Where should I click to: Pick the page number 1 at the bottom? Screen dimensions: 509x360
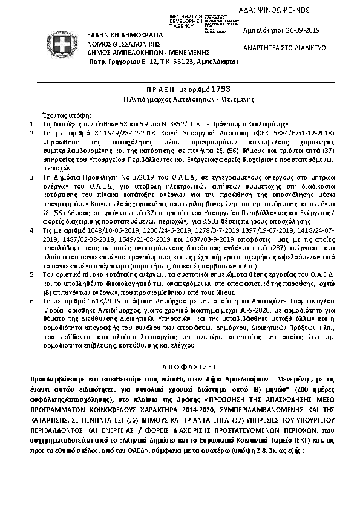pyautogui.click(x=180, y=497)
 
